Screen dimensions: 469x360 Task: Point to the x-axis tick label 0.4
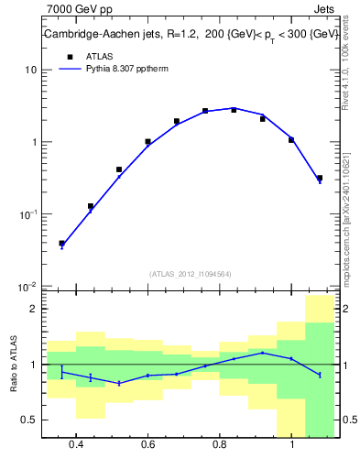click(76, 444)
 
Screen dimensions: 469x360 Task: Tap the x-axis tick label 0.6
click(147, 444)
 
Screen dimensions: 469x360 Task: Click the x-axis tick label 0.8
click(220, 444)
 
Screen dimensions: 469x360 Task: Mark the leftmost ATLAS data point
click(61, 244)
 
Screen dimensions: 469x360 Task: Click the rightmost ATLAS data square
click(319, 178)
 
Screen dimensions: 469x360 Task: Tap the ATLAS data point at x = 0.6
click(147, 142)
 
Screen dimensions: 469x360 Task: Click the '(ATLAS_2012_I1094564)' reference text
click(191, 273)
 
